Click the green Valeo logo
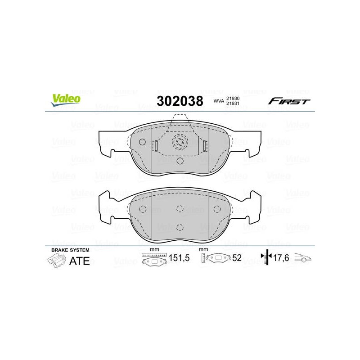[x=66, y=100]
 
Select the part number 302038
[x=180, y=101]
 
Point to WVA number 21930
[x=233, y=99]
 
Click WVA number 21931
[x=233, y=103]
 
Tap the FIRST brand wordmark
[x=289, y=101]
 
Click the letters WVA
[x=219, y=101]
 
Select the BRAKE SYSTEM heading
[x=70, y=250]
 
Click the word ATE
[x=79, y=261]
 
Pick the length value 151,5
[x=179, y=258]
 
